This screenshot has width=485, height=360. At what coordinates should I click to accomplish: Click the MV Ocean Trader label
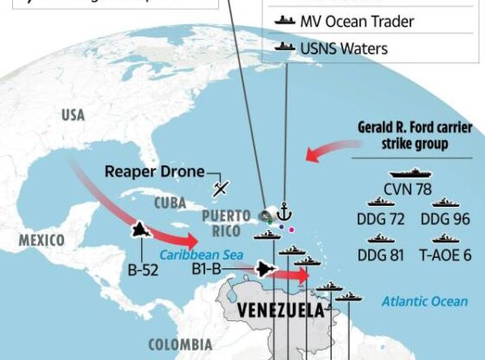(358, 22)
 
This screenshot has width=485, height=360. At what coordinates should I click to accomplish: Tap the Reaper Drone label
(154, 171)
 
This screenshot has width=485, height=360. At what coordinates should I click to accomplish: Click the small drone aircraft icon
(222, 186)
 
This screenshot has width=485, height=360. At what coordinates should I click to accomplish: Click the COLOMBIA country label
(179, 344)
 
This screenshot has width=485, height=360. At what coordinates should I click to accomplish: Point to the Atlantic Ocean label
(424, 301)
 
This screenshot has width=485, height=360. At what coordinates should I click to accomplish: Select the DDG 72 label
(380, 219)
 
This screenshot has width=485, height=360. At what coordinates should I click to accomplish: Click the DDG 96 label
(445, 219)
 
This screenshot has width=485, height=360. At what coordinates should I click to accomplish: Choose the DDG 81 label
(380, 254)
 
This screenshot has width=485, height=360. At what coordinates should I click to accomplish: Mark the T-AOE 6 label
(445, 254)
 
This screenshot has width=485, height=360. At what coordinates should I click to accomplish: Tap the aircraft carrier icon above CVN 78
(409, 173)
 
